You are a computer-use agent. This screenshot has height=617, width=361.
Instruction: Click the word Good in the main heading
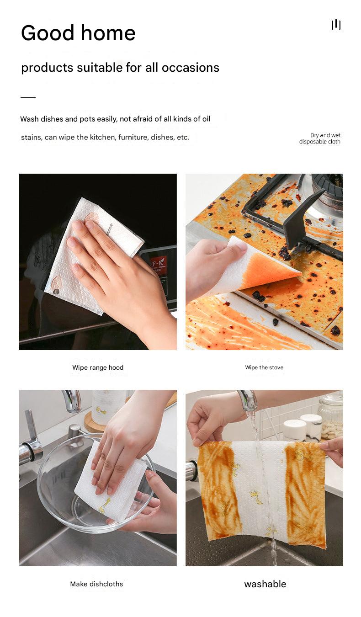(48, 33)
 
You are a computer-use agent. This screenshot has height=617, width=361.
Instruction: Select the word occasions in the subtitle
(190, 68)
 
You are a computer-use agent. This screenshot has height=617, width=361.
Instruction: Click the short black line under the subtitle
(28, 97)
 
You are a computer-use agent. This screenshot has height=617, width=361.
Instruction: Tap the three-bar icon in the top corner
(336, 25)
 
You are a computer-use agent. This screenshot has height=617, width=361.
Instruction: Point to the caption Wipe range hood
(98, 367)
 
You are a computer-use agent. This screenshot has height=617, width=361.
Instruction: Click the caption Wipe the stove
(264, 367)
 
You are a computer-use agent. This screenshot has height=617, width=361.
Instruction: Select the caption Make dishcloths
(96, 584)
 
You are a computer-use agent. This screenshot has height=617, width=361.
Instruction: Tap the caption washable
(265, 584)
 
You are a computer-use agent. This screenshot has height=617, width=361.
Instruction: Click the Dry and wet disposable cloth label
(320, 138)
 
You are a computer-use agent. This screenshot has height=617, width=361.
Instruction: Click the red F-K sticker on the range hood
(159, 264)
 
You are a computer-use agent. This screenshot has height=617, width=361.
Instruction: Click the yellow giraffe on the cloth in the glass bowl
(105, 505)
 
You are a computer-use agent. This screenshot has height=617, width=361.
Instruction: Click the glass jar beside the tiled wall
(330, 416)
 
